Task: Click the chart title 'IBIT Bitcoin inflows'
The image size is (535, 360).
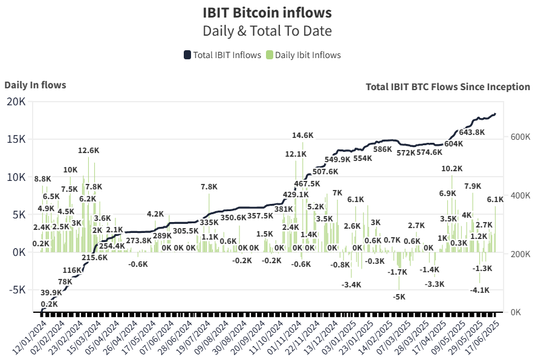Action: click(267, 12)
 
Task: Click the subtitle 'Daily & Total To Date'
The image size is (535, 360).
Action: click(267, 31)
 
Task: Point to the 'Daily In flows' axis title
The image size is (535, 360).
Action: click(35, 85)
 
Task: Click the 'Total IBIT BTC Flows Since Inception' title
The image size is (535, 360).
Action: click(448, 87)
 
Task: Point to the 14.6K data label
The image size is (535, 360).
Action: click(303, 136)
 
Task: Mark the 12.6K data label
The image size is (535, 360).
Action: click(88, 150)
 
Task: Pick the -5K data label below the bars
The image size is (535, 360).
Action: click(399, 296)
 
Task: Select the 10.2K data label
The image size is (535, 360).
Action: click(452, 168)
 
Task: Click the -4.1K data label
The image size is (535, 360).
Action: click(480, 290)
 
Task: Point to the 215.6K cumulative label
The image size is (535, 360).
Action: click(95, 257)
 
